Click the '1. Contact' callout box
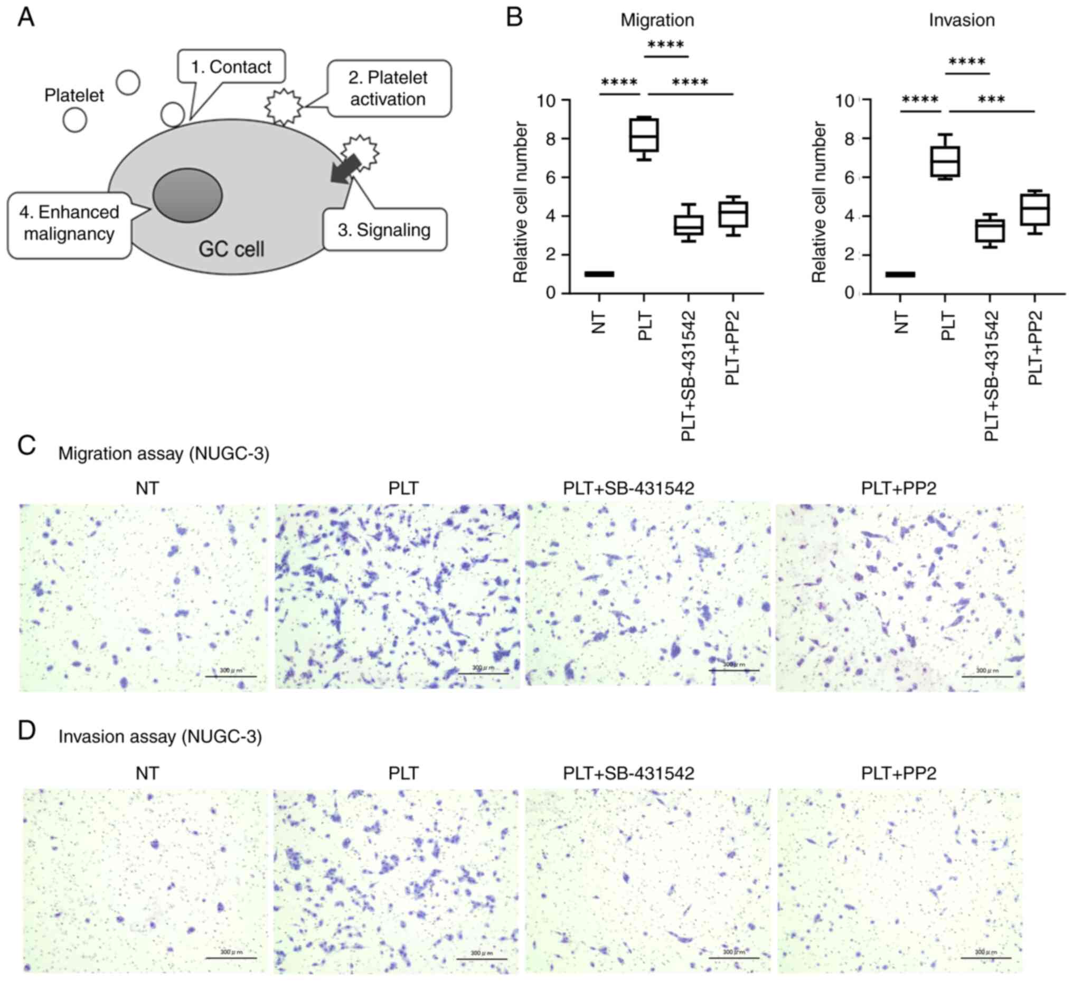(x=231, y=67)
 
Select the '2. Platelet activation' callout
(x=389, y=88)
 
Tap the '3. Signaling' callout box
(x=384, y=230)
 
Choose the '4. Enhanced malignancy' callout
(x=69, y=223)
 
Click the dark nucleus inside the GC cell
(x=187, y=195)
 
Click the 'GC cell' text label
(x=231, y=249)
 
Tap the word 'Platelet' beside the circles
(x=74, y=96)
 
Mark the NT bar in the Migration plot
(x=599, y=274)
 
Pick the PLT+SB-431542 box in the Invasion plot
(x=990, y=231)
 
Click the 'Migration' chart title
(x=657, y=20)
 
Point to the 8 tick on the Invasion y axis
(x=851, y=138)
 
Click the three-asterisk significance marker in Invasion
(x=992, y=100)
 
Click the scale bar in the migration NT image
(x=230, y=676)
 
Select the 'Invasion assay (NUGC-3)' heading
(x=160, y=737)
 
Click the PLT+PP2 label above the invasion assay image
(x=898, y=773)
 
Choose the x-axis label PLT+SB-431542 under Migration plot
(x=689, y=376)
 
